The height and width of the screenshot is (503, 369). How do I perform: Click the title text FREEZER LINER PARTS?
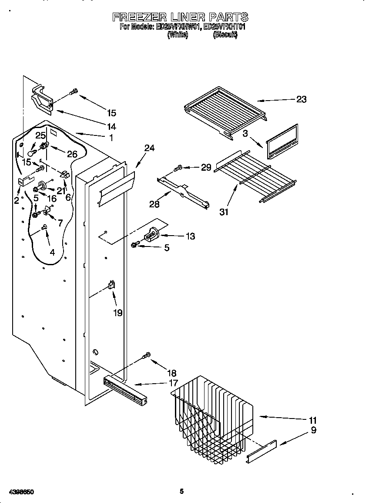180,17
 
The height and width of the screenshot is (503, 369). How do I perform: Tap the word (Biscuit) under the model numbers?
225,36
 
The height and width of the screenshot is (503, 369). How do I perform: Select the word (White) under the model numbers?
178,36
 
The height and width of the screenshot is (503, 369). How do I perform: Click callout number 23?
301,99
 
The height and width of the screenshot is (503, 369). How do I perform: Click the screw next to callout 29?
178,167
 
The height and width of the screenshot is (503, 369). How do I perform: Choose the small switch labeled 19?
112,285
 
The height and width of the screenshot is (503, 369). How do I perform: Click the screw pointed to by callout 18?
147,356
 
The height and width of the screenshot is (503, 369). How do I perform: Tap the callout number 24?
149,148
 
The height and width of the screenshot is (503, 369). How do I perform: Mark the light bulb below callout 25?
32,152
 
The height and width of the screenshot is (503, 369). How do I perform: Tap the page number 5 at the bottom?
182,491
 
